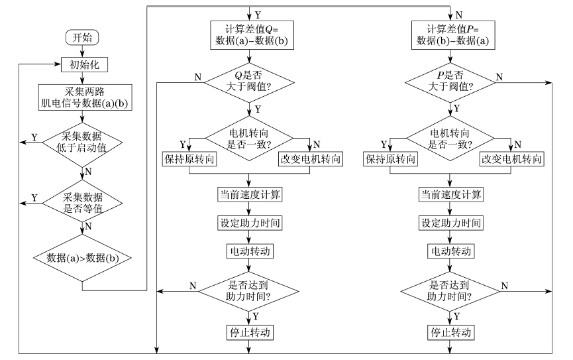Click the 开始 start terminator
(82, 37)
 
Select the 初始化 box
(84, 65)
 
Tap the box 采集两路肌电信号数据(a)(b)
(85, 97)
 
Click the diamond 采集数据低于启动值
(83, 142)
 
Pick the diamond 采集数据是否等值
(83, 203)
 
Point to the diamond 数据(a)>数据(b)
(83, 258)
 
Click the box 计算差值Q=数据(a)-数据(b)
(252, 35)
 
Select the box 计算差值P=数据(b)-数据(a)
(453, 35)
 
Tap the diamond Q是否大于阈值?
(249, 82)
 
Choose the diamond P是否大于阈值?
(450, 82)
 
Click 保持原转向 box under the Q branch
(189, 159)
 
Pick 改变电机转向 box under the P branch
(511, 159)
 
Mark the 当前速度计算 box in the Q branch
(250, 194)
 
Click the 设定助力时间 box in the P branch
(451, 223)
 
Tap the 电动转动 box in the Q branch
(250, 251)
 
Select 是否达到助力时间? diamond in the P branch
(450, 291)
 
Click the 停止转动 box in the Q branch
(250, 333)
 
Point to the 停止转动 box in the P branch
(451, 333)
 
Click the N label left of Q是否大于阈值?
(198, 77)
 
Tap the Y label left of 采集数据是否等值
(34, 198)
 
